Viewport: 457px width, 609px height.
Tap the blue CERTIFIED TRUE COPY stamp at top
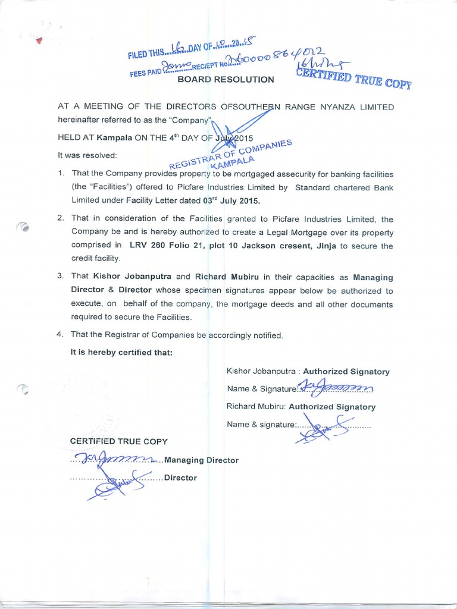pos(353,79)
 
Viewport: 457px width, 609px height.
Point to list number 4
pos(60,335)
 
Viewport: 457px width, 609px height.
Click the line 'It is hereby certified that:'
pos(121,352)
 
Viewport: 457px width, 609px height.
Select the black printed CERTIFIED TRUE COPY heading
pos(118,441)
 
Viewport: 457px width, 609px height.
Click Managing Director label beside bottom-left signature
pos(201,460)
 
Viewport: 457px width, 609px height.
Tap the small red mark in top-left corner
pos(39,42)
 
